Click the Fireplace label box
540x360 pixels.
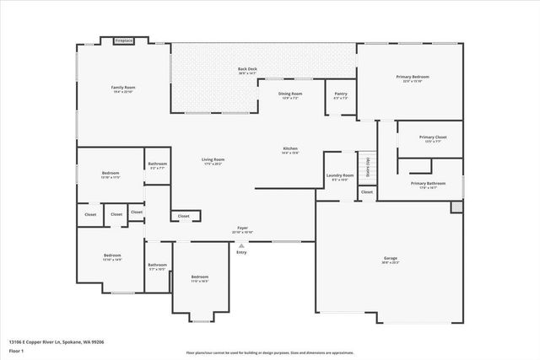124,40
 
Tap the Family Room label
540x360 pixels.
124,88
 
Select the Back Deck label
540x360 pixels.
247,70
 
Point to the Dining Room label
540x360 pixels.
290,94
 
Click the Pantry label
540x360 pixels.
340,94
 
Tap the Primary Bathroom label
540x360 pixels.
429,184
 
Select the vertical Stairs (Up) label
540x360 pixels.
368,164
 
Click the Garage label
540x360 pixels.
390,259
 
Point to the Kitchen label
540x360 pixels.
289,149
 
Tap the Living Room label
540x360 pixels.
213,159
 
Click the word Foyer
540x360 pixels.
242,228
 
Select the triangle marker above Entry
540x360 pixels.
241,245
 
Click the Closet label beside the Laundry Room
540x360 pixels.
366,192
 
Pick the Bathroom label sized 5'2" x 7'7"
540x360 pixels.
158,164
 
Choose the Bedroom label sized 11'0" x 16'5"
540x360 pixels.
199,277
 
